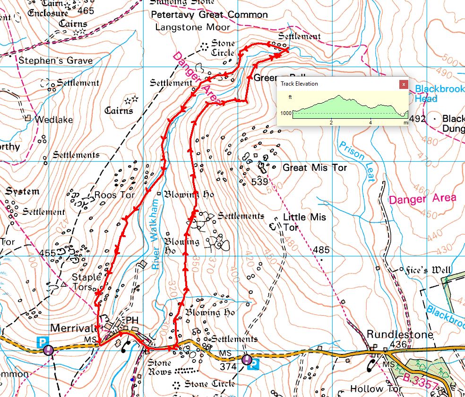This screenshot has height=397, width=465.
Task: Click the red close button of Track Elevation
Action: (x=403, y=84)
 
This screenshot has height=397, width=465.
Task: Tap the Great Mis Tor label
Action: (x=314, y=168)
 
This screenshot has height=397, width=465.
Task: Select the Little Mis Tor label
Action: (x=304, y=222)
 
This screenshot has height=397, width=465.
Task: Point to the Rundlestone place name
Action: (x=400, y=335)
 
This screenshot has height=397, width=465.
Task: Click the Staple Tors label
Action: (x=86, y=282)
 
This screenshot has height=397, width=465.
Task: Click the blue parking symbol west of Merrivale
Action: (x=43, y=341)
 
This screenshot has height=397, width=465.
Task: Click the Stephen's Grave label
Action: (x=55, y=61)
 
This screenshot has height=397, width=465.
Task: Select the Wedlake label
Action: (x=54, y=120)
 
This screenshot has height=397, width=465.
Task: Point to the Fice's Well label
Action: (x=429, y=270)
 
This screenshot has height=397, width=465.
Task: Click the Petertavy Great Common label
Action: (x=209, y=15)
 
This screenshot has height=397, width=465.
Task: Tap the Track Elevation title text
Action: (x=299, y=84)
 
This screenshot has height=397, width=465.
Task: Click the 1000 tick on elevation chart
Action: (x=285, y=113)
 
